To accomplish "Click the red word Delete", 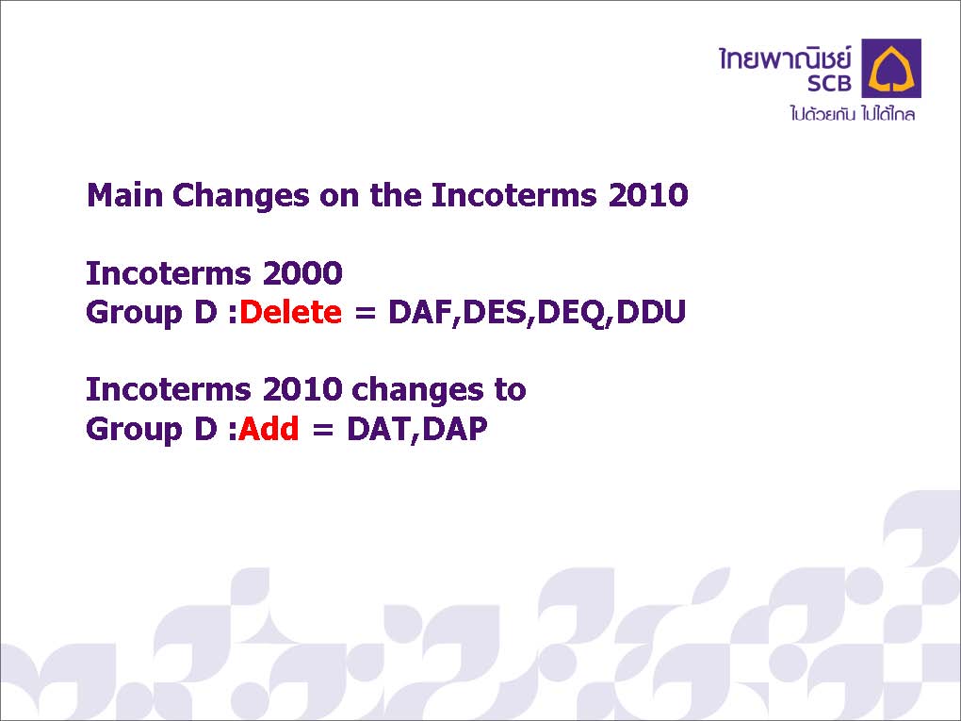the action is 290,312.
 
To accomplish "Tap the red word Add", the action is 269,428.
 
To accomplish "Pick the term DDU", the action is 651,312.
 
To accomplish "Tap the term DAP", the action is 455,429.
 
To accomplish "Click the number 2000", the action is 302,272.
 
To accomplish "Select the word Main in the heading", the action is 125,195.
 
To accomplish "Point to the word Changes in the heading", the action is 241,196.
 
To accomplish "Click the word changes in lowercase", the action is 418,390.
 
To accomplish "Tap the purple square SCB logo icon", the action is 891,68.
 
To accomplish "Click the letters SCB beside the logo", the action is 829,83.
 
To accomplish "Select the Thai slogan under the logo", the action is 853,113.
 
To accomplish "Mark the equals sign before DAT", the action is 323,429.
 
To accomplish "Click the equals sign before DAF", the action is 366,313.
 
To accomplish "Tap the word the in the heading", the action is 396,195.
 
